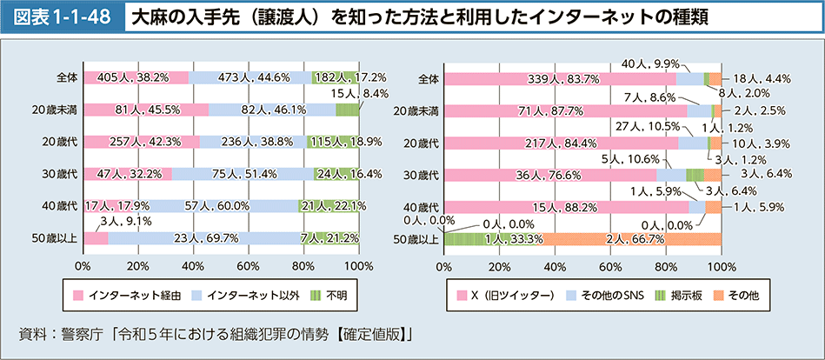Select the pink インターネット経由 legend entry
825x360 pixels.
[126, 295]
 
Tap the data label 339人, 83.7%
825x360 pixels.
[561, 79]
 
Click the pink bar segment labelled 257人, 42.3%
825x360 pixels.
[141, 142]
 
